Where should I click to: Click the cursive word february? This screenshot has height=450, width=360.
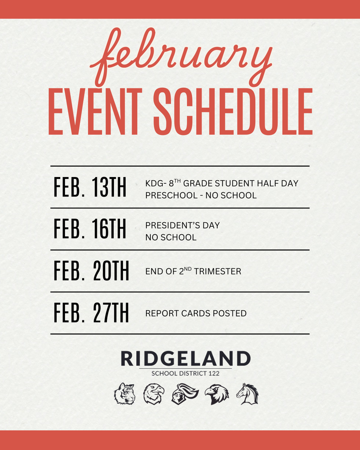pos(181,57)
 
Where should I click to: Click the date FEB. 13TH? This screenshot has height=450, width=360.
pos(90,188)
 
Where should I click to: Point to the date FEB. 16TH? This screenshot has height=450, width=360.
pos(90,229)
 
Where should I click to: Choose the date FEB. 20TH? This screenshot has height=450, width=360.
pos(91,271)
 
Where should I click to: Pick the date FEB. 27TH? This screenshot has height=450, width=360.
pos(91,313)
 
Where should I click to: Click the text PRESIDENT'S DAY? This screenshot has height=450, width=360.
pos(182,225)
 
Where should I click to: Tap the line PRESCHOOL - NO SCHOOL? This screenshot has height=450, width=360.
pos(201,195)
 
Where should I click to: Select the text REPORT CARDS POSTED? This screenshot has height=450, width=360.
pos(196,313)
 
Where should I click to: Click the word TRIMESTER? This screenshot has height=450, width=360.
pos(218,272)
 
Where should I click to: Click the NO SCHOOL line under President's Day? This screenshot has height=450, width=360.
pos(171,237)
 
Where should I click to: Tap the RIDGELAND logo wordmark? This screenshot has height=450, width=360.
pos(185,359)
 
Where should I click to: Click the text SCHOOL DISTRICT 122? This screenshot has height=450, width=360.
pos(185,374)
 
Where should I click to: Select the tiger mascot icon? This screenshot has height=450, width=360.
pos(125,393)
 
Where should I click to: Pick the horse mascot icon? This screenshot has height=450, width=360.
pos(247,393)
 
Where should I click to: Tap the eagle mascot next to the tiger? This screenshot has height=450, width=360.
pos(153,393)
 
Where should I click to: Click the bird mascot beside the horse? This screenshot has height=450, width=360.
pos(216,393)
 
